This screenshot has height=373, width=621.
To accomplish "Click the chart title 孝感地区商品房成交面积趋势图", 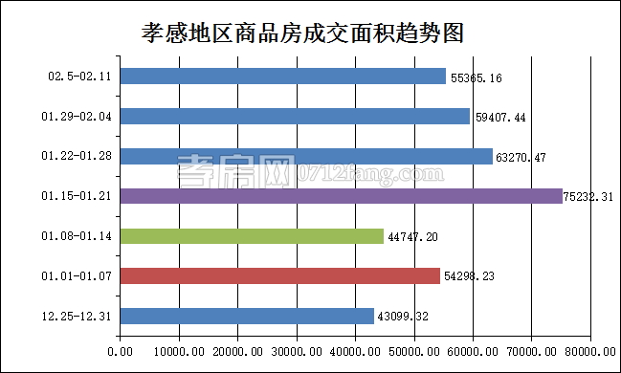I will click(x=302, y=33).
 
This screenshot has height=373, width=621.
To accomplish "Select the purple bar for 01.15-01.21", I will click(x=342, y=196).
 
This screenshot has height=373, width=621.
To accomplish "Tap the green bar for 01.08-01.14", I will click(x=252, y=235).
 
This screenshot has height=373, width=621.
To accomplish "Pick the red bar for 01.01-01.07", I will click(x=280, y=275).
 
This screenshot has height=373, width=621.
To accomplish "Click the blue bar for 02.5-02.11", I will click(x=283, y=76).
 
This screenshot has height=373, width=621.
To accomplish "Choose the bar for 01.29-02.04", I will click(x=296, y=116).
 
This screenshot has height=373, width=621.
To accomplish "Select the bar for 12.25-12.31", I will click(x=247, y=316).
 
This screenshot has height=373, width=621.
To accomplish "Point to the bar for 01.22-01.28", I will click(x=307, y=156).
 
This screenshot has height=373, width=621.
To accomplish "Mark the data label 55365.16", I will click(x=476, y=77).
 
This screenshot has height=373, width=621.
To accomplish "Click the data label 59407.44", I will click(x=500, y=118).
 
